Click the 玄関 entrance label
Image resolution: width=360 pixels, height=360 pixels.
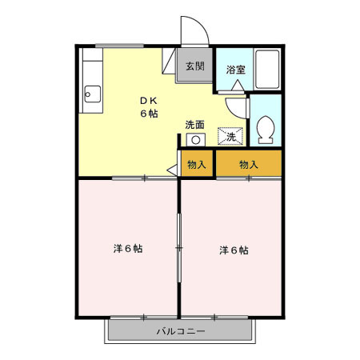click(194, 66)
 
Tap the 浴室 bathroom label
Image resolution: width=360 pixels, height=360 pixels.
click(235, 70)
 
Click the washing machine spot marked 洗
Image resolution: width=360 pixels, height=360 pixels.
click(230, 137)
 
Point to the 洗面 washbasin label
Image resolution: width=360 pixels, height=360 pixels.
click(194, 124)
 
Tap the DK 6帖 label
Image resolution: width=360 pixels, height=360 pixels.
click(149, 107)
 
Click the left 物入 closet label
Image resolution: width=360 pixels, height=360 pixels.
click(196, 165)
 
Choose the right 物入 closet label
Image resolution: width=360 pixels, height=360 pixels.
click(249, 165)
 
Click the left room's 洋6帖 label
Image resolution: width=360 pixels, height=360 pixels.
click(128, 249)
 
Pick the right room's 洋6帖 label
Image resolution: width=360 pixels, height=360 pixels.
click(234, 250)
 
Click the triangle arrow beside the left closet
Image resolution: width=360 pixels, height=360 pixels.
click(171, 170)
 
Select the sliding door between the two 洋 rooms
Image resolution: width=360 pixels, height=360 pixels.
click(179, 248)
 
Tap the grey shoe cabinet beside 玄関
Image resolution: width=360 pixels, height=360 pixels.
click(170, 61)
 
